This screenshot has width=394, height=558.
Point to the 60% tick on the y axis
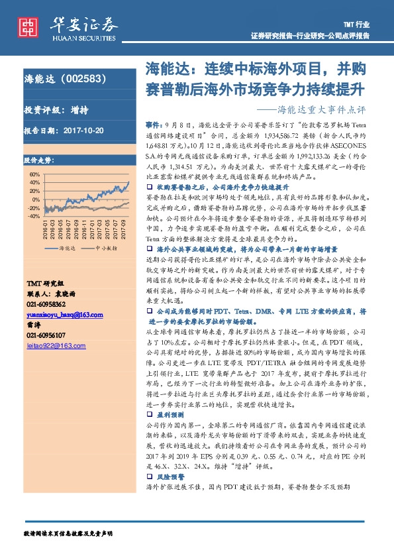[x=34, y=174]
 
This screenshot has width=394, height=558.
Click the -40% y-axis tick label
[x=33, y=216]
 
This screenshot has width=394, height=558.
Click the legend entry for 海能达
[x=61, y=247]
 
